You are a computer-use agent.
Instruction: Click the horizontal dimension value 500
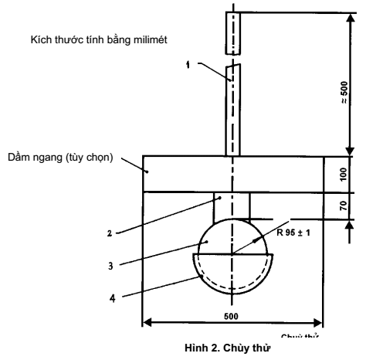231,317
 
